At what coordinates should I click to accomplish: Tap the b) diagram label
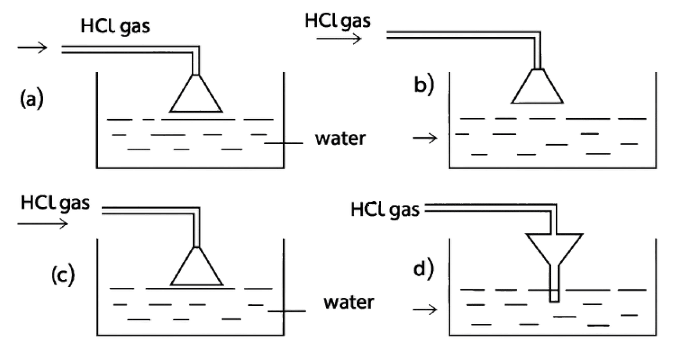(x=425, y=87)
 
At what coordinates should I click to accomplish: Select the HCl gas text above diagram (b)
(x=336, y=20)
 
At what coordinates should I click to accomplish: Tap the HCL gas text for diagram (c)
(x=55, y=205)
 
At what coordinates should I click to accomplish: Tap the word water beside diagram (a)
(x=340, y=138)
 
